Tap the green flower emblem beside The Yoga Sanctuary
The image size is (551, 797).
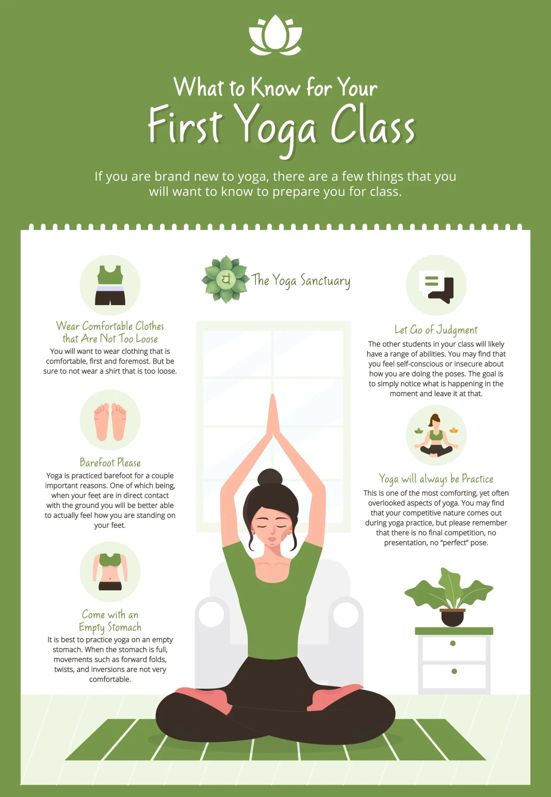(x=225, y=279)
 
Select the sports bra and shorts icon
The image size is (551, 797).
(x=110, y=285)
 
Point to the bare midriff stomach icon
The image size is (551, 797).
(x=110, y=572)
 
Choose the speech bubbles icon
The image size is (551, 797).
(x=436, y=285)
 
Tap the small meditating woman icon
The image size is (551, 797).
(x=436, y=435)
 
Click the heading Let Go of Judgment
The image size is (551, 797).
(x=436, y=330)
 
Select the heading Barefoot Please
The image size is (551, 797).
(x=110, y=463)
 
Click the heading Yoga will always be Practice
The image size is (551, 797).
(x=436, y=479)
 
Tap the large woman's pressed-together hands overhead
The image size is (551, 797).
(x=273, y=417)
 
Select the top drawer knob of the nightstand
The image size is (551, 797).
(x=453, y=643)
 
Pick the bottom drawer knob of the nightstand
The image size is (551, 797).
(x=454, y=671)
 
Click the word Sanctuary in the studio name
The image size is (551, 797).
(x=325, y=281)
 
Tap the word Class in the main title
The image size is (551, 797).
(x=373, y=125)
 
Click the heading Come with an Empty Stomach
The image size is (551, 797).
(x=110, y=621)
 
